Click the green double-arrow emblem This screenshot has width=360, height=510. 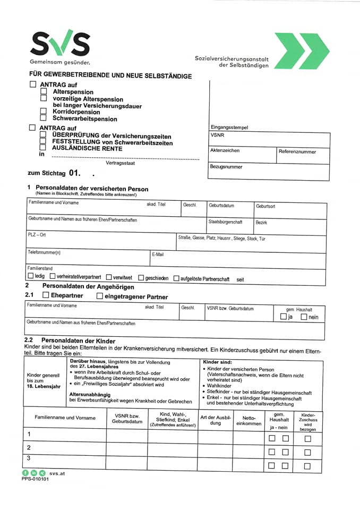[x=301, y=51]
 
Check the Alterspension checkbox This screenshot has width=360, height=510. [x=44, y=92]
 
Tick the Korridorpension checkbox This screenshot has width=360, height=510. [x=44, y=112]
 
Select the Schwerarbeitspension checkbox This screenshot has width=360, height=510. [x=44, y=118]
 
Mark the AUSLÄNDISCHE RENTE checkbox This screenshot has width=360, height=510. [x=44, y=148]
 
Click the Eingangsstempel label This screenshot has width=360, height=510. [x=229, y=127]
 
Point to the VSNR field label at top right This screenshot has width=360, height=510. [x=217, y=135]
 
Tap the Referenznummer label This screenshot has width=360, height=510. [x=297, y=151]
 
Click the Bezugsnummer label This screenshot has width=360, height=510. [x=226, y=167]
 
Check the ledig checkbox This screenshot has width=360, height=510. [x=30, y=277]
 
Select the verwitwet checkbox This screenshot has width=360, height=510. [x=109, y=277]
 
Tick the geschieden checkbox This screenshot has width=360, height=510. [x=141, y=278]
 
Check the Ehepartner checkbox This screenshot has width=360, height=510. [x=46, y=295]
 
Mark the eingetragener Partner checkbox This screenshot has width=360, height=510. [x=100, y=296]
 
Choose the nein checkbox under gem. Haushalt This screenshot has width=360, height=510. [x=304, y=317]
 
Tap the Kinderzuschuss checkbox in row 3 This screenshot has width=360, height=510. [x=307, y=466]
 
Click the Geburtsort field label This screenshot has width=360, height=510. [x=265, y=206]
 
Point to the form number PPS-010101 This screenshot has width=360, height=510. [x=35, y=479]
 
